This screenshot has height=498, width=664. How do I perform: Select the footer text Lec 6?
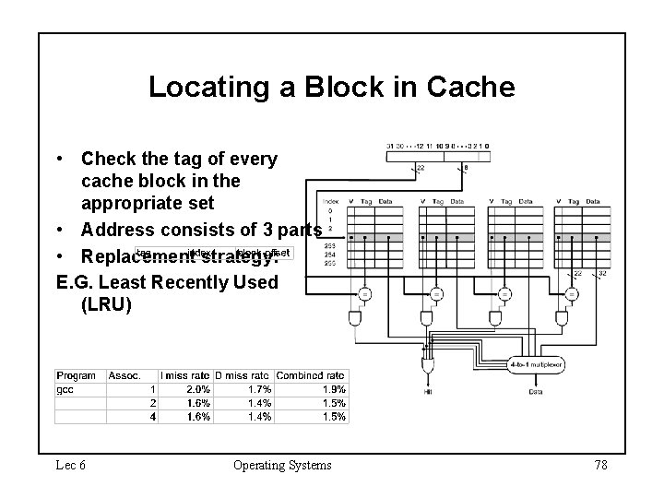point(70,465)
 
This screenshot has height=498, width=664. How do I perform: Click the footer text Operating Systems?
point(282,465)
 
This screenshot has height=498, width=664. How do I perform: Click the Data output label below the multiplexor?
point(536,392)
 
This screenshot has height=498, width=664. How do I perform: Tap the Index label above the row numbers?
point(330,201)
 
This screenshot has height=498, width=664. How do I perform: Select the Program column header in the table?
point(77,375)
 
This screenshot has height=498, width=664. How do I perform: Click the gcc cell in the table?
point(67,389)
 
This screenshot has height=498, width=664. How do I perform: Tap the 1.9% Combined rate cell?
point(334,389)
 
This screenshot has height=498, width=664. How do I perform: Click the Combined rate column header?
point(311,375)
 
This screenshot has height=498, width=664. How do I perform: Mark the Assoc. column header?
point(125,375)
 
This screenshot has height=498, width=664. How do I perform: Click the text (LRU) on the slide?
point(106,303)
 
